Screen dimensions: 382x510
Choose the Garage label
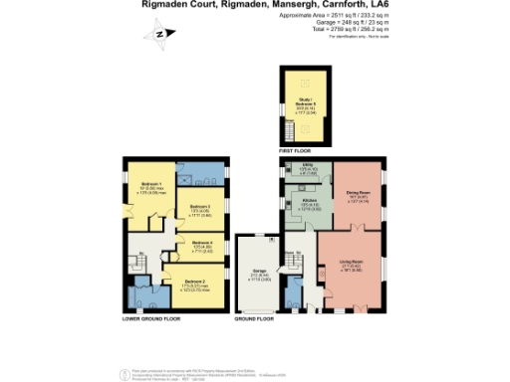click(257, 275)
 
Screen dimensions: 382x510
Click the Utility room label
click(295, 170)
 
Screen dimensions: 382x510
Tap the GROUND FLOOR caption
click(254, 319)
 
